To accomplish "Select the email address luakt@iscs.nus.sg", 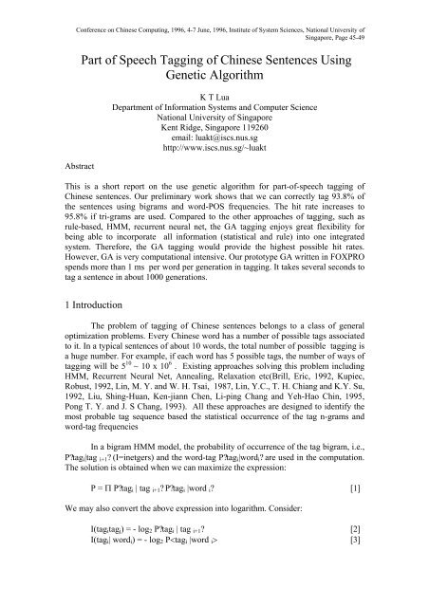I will click(x=214, y=164).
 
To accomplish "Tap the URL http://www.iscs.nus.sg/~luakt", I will click(x=214, y=177).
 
